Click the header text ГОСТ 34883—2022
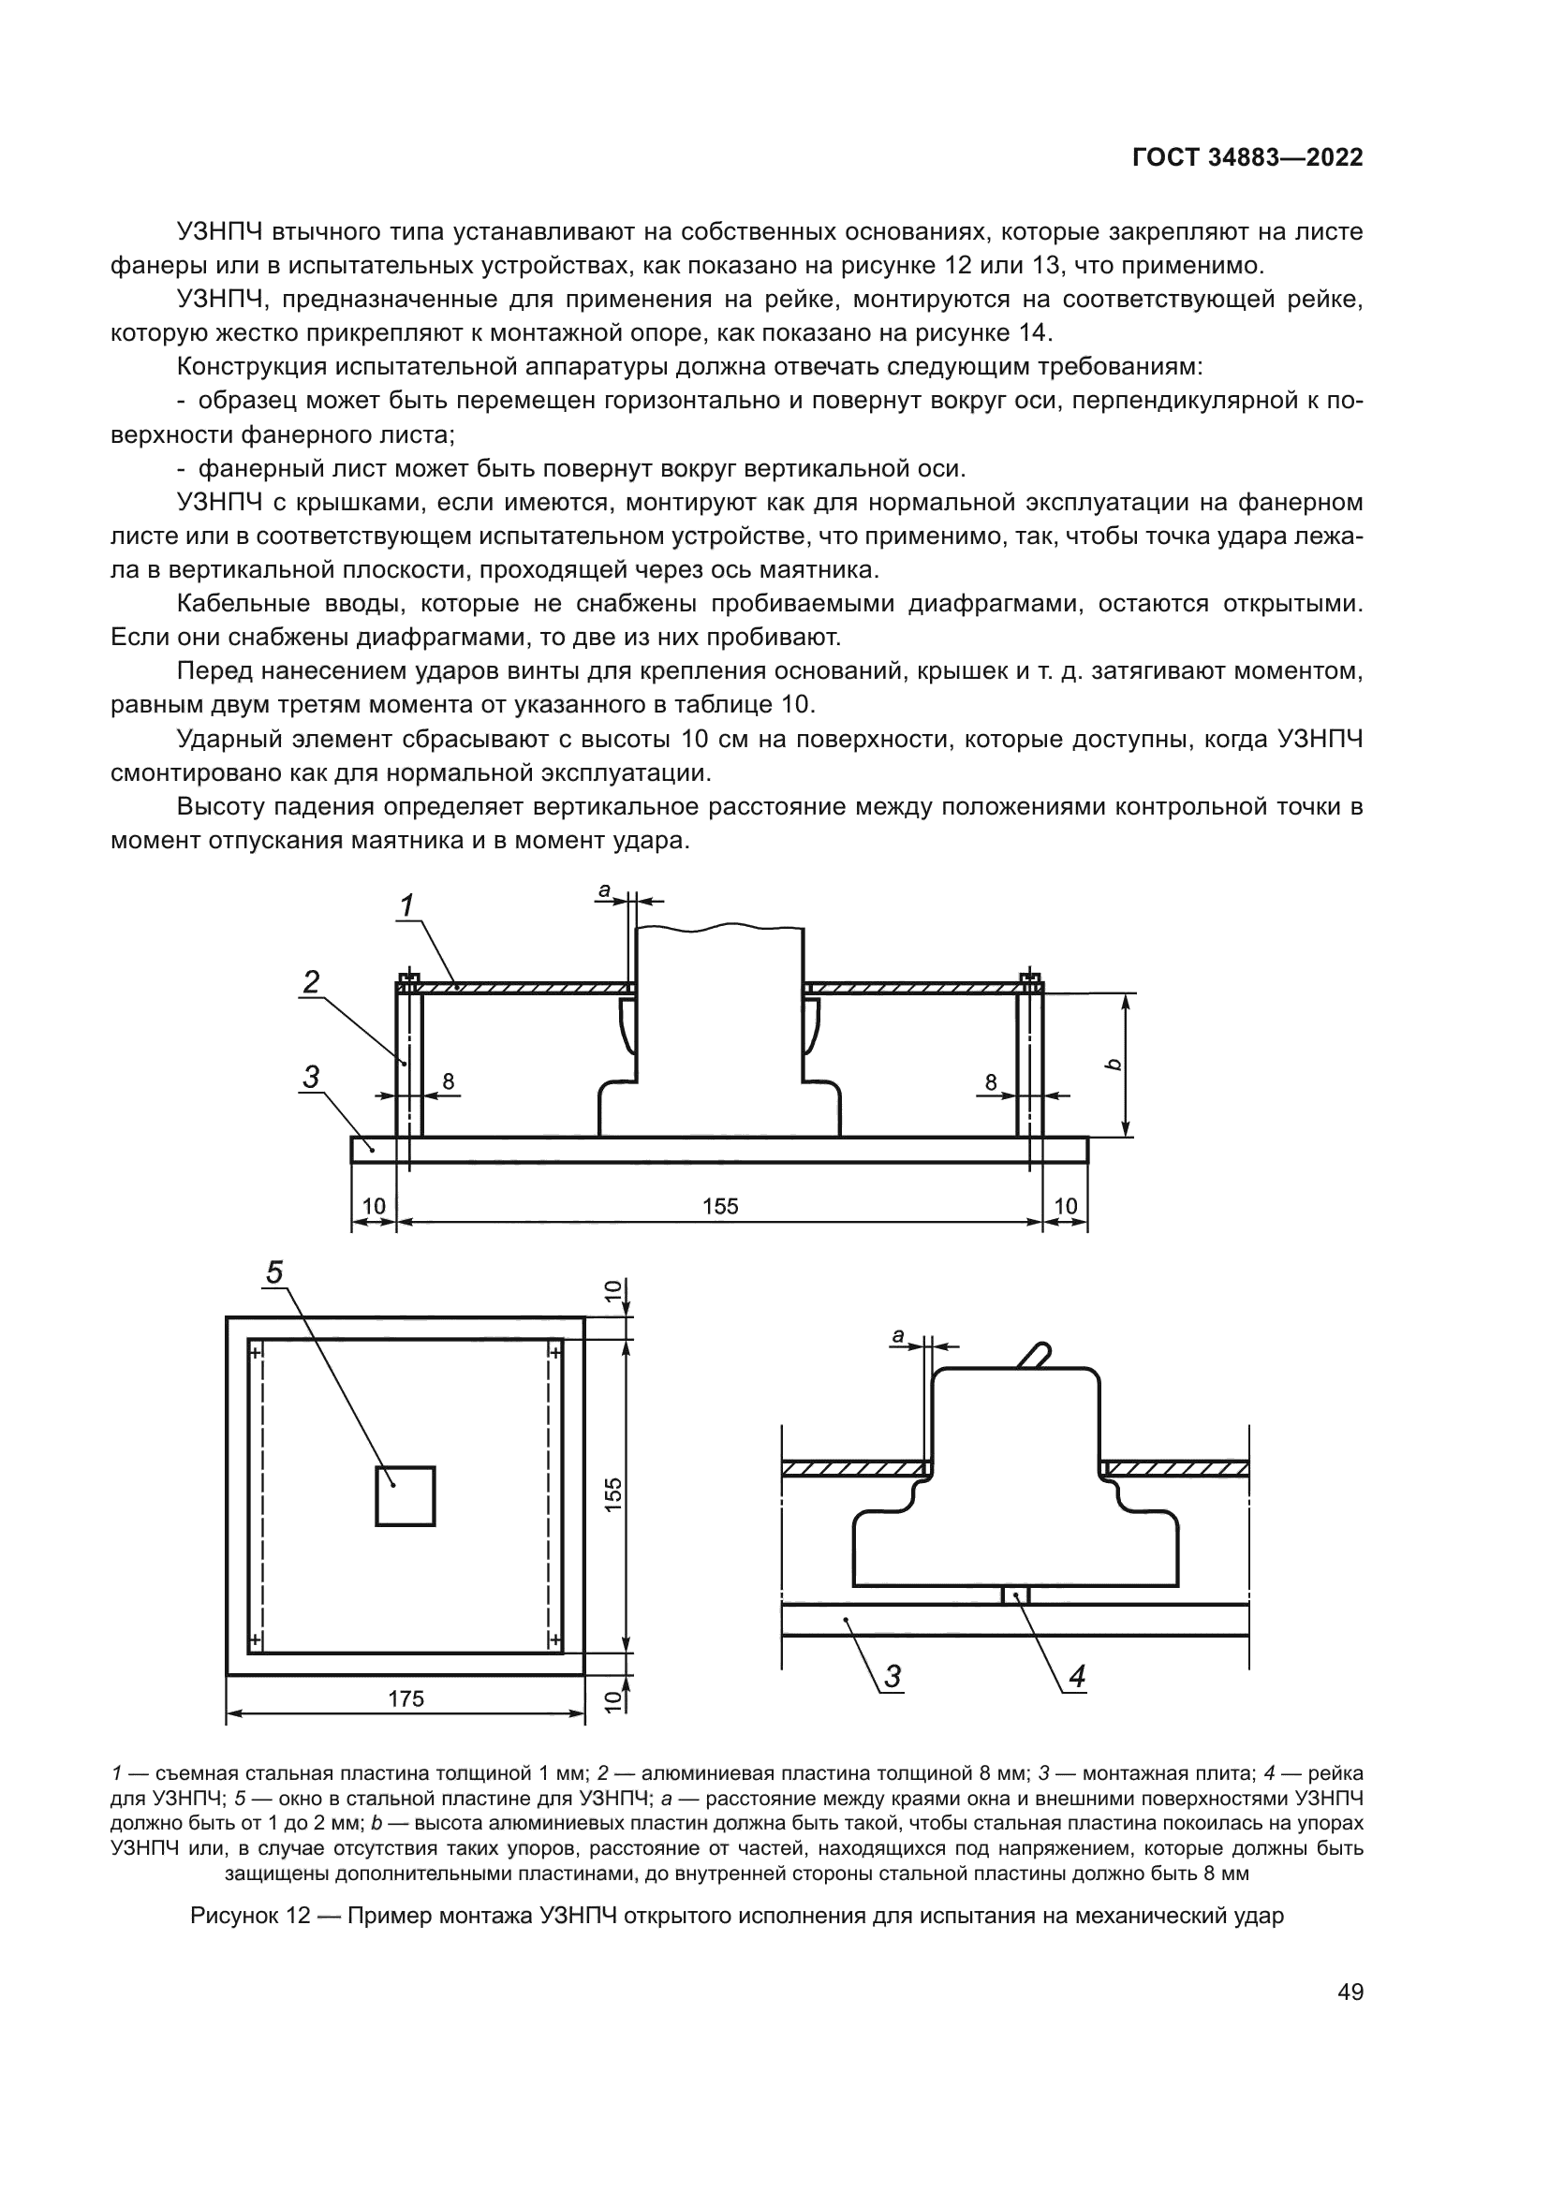[1247, 158]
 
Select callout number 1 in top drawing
[406, 905]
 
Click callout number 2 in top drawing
[311, 981]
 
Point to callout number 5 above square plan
[274, 1271]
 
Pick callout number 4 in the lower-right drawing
[1077, 1676]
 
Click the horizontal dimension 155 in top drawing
[720, 1207]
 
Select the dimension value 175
[406, 1698]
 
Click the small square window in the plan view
[406, 1495]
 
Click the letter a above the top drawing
[604, 889]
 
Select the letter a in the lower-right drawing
[896, 1337]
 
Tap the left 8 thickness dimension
[449, 1081]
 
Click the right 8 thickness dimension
[991, 1081]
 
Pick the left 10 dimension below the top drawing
[373, 1207]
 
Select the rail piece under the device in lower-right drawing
[1016, 1595]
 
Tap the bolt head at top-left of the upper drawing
[408, 978]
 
